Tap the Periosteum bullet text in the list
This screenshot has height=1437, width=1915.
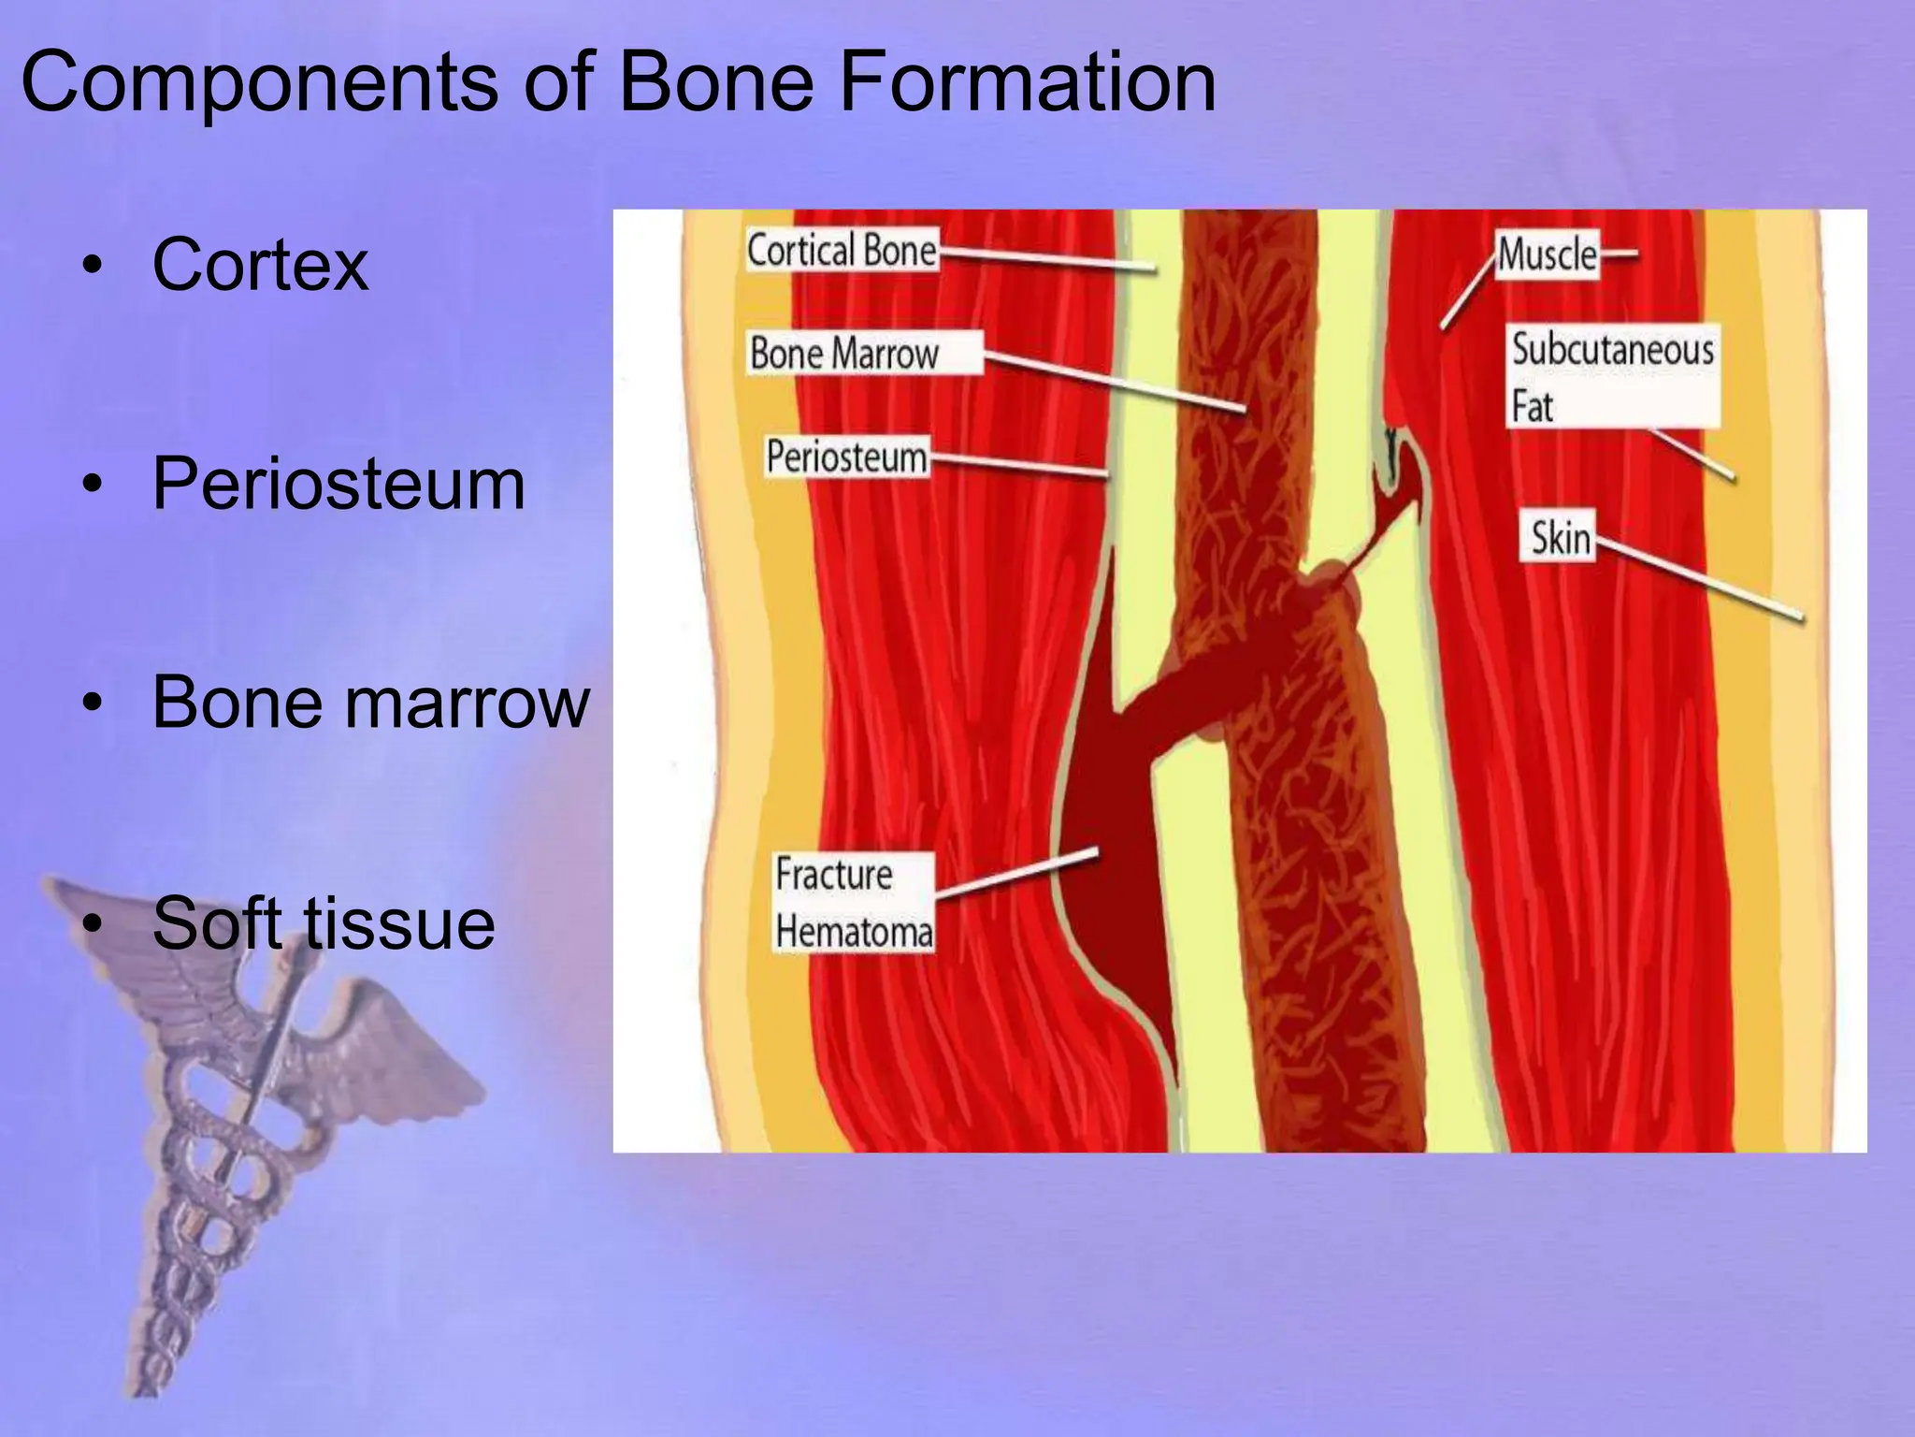[338, 485]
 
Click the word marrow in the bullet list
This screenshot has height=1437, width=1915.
[468, 704]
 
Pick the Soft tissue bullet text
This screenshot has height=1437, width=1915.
[324, 924]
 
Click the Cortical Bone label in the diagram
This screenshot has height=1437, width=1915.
[842, 251]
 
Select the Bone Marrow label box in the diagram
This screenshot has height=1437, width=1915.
[862, 354]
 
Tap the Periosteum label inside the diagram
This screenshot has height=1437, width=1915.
[846, 457]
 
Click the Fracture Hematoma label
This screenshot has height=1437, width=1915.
[853, 904]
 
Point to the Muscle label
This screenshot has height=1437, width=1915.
[1547, 254]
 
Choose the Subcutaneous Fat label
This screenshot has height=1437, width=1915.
[1612, 376]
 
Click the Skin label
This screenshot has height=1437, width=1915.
[1560, 538]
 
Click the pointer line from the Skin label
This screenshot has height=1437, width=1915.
[1697, 579]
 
